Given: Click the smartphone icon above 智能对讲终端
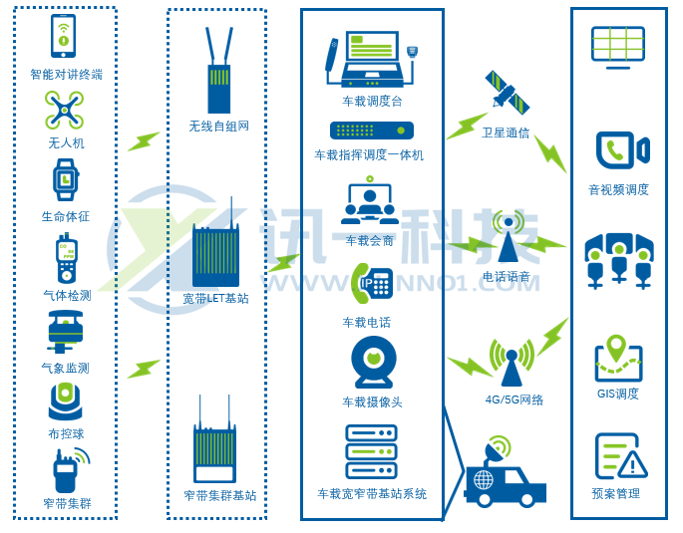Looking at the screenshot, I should click(x=64, y=37).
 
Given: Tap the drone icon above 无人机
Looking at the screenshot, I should click(x=65, y=110).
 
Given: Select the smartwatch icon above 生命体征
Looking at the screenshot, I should click(x=65, y=180).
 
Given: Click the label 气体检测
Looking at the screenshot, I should click(x=67, y=295).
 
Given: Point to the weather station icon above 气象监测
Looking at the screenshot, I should click(x=65, y=331).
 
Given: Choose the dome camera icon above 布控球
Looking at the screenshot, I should click(x=65, y=400).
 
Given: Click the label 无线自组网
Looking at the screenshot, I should click(x=219, y=126).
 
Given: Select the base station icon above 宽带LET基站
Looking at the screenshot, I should click(x=215, y=255).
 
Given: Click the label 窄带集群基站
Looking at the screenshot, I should click(x=219, y=495).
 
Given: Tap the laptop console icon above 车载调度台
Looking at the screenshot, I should click(x=371, y=60).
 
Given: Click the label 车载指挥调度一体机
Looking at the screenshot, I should click(x=369, y=154).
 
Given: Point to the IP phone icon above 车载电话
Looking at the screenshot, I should click(x=372, y=284).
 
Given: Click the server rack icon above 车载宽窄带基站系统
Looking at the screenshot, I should click(x=371, y=451).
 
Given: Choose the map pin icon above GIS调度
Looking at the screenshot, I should click(x=616, y=349).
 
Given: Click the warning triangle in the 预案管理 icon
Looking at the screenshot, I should click(x=632, y=464).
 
